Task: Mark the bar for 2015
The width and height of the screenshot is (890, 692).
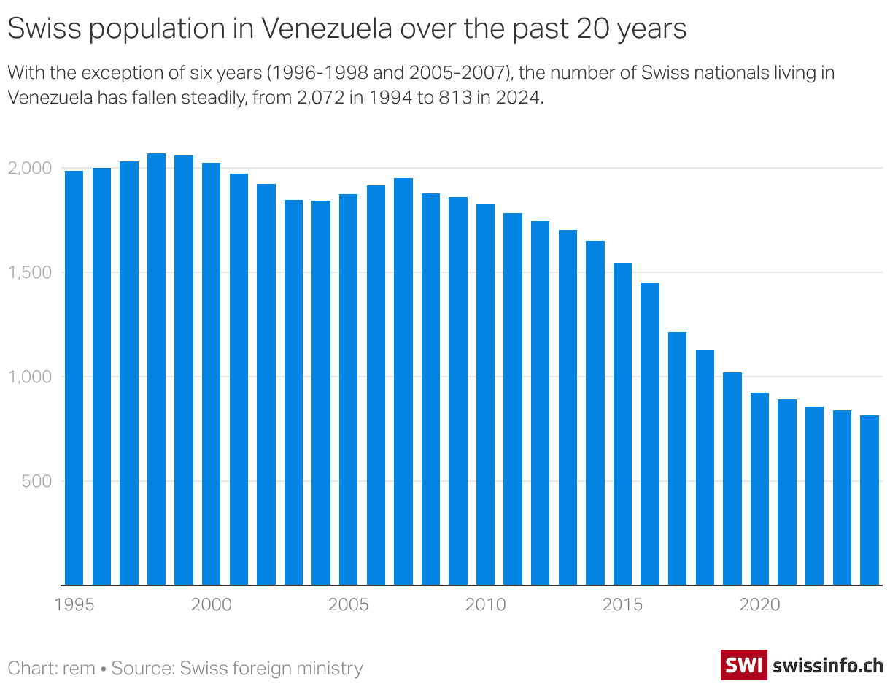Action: pos(622,423)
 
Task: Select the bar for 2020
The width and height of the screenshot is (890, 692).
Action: pos(759,488)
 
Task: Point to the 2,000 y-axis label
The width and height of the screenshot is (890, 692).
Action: pos(30,168)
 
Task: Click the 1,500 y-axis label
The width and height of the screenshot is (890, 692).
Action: pos(30,272)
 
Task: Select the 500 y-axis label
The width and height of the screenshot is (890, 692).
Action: pos(36,481)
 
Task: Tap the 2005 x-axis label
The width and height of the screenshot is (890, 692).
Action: pos(348,605)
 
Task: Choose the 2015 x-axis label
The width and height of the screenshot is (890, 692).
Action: pos(622,605)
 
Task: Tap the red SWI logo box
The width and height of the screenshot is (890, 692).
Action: pos(743,665)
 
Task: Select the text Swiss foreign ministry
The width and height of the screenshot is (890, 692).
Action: pos(271,668)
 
